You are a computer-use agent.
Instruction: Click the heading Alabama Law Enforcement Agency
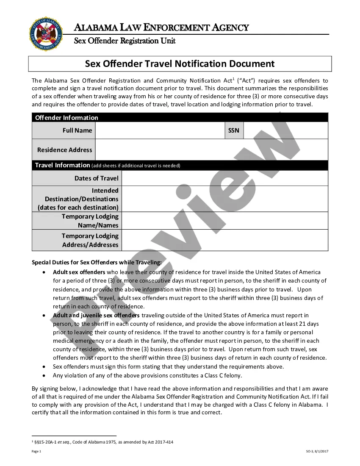coord(161,28)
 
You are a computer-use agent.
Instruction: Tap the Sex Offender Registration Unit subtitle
coord(125,41)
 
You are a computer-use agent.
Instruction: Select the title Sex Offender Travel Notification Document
coord(180,64)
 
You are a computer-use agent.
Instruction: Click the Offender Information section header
coord(66,117)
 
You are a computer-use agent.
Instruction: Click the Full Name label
coord(77,130)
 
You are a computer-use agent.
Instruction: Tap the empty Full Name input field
coord(160,130)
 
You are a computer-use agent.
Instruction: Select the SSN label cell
coord(234,130)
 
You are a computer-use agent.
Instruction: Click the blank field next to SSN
coord(285,130)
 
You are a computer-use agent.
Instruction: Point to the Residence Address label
coord(64,150)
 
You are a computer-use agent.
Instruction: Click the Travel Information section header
coord(63,165)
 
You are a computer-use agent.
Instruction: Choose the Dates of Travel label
coord(96,178)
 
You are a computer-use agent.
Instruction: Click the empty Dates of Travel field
coord(224,178)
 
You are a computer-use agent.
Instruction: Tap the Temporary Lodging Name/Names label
coord(90,221)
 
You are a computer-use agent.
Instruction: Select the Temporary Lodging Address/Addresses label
coord(90,240)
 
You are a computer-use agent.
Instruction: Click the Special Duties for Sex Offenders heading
coord(97,262)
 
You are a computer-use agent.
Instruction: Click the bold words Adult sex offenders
coord(79,272)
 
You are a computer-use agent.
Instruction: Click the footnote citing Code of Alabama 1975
coord(104,442)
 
